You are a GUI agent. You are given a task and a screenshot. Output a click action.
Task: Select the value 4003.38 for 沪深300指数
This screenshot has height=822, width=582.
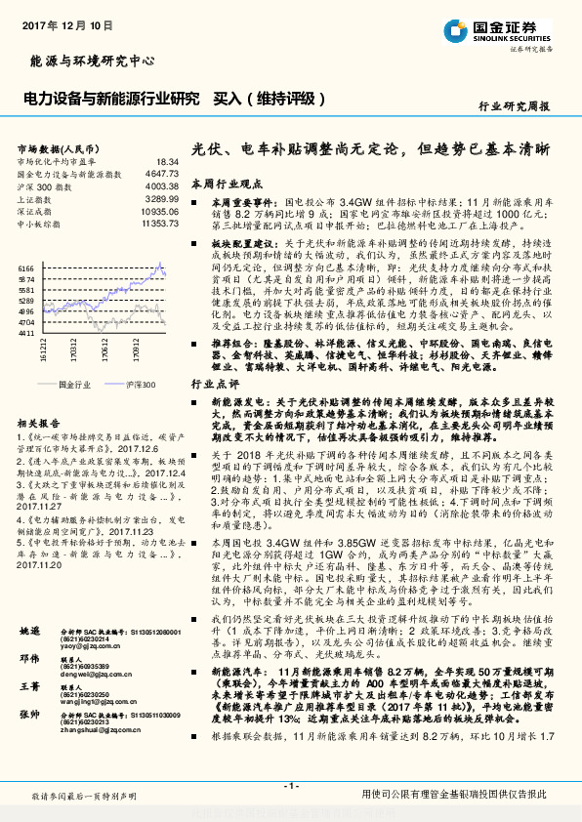(x=160, y=185)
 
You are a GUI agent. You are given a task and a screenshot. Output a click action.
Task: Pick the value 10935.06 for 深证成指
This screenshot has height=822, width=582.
(x=158, y=211)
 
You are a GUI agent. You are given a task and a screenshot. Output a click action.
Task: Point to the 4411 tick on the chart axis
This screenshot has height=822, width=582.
(x=27, y=333)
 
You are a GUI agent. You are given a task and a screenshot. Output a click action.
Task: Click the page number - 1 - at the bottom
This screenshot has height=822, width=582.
(x=290, y=787)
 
